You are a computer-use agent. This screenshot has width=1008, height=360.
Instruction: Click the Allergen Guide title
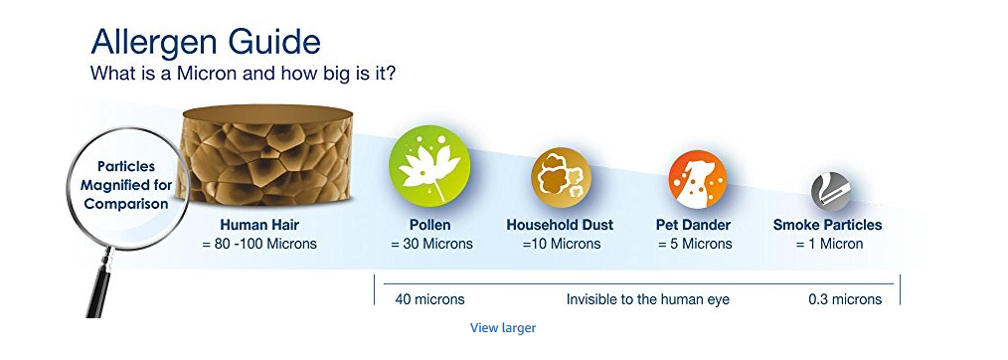tap(206, 42)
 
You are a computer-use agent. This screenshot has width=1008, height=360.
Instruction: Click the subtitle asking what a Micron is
tap(243, 73)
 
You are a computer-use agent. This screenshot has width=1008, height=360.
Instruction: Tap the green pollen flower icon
tap(429, 164)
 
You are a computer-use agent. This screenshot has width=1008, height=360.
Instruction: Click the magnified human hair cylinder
tap(266, 155)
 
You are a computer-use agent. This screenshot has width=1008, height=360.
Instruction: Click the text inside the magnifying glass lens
tap(126, 185)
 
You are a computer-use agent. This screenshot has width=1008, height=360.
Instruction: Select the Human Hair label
tap(259, 225)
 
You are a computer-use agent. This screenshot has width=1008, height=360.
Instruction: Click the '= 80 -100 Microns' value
tap(259, 245)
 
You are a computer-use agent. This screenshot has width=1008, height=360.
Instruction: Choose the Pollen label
tap(430, 225)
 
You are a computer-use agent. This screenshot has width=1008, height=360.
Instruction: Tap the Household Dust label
tap(560, 225)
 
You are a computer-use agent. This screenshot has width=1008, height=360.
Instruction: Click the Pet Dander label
tap(693, 225)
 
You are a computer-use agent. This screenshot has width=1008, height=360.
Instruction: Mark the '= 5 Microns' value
tap(695, 245)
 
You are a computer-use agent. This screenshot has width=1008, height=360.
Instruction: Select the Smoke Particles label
tap(827, 225)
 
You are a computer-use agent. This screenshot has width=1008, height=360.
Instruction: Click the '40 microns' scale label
tap(430, 299)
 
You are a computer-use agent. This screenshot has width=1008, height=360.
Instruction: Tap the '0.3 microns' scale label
tap(845, 299)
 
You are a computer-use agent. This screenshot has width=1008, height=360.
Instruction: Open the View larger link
tap(503, 328)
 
